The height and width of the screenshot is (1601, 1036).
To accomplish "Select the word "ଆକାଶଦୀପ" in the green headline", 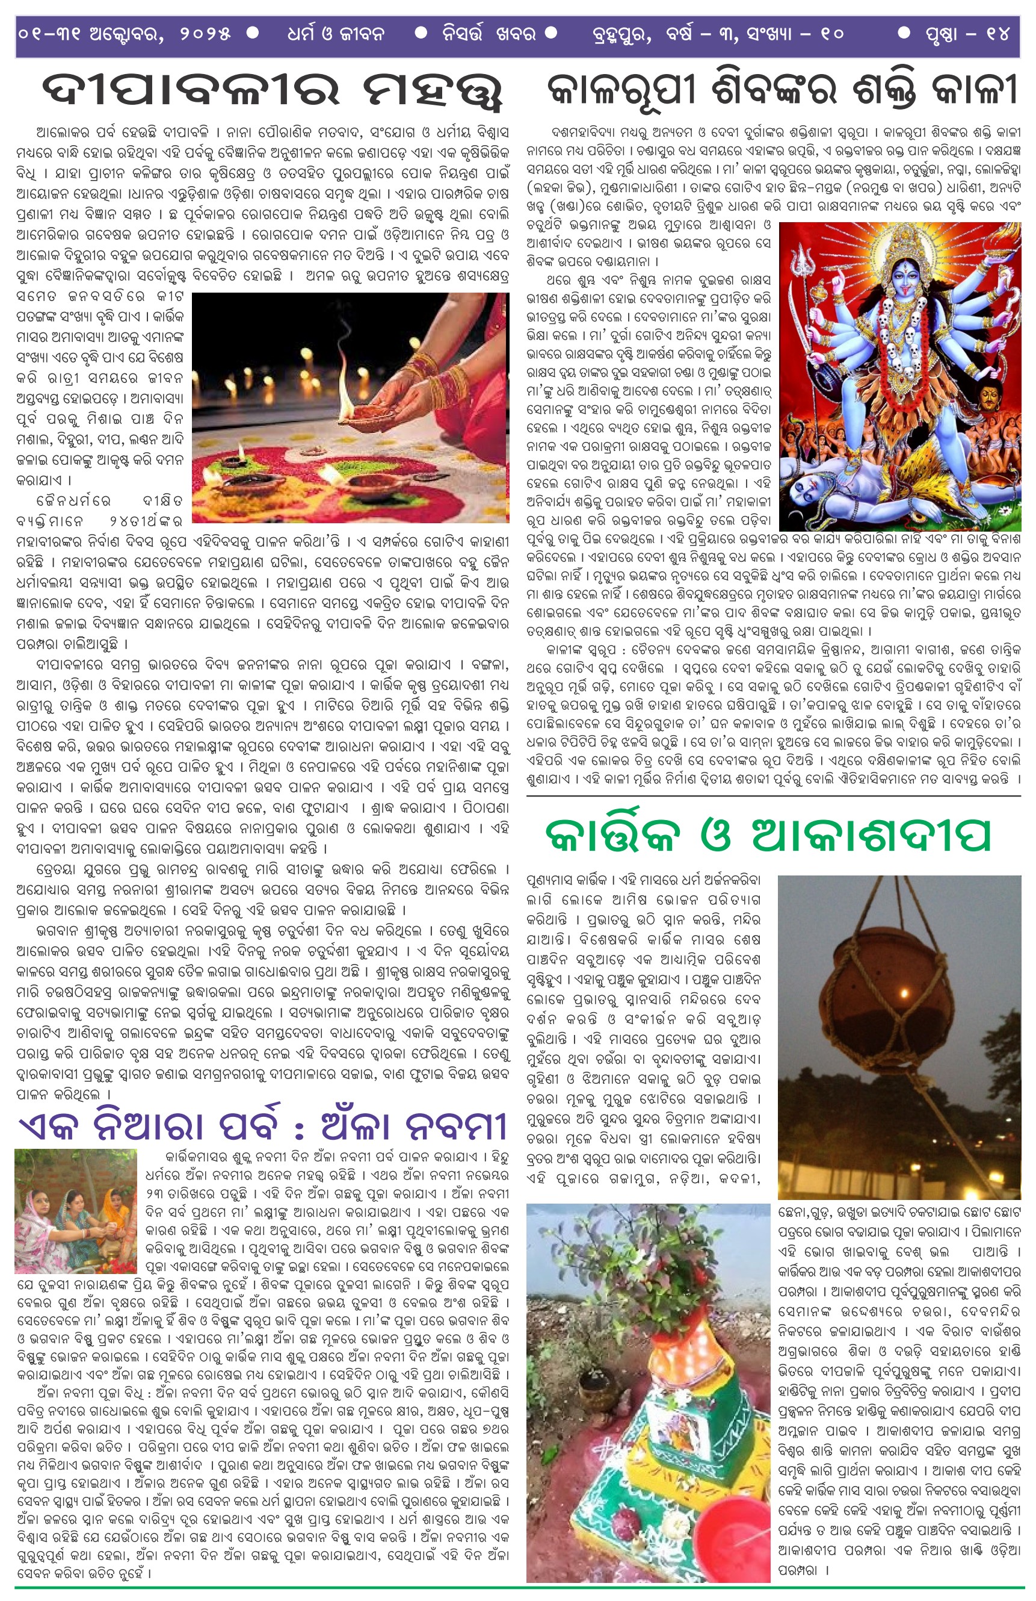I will (871, 836).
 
